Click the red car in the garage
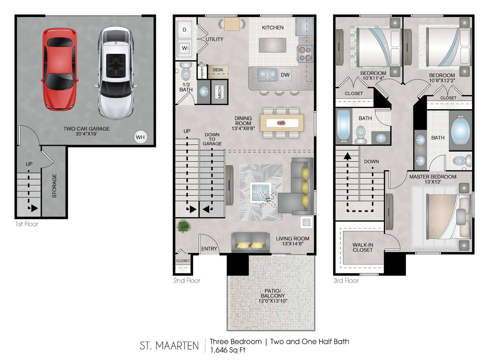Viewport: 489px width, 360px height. click(x=59, y=69)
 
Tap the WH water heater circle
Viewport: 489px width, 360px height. click(x=140, y=137)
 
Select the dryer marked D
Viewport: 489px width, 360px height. click(x=185, y=30)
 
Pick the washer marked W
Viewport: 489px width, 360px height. click(x=185, y=48)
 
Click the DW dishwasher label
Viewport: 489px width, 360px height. click(x=285, y=75)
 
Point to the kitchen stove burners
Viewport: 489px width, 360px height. click(x=305, y=54)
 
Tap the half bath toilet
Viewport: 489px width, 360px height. click(x=186, y=71)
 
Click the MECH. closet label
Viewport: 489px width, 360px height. click(x=220, y=92)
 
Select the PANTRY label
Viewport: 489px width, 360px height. click(x=202, y=72)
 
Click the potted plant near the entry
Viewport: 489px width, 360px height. click(x=184, y=226)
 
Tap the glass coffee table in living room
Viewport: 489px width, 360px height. click(x=261, y=192)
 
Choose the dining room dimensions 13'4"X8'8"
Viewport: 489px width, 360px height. click(x=243, y=128)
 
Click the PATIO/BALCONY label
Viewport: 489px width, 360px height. click(x=273, y=293)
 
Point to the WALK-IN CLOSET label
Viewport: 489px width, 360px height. click(x=362, y=247)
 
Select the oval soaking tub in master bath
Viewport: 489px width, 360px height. click(x=460, y=130)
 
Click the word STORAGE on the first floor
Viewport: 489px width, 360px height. click(x=54, y=186)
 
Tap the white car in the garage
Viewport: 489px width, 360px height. click(x=116, y=73)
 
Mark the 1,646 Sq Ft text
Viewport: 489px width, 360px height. click(x=227, y=350)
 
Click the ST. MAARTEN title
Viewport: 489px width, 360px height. click(x=169, y=346)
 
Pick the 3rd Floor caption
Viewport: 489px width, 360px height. click(x=346, y=280)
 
